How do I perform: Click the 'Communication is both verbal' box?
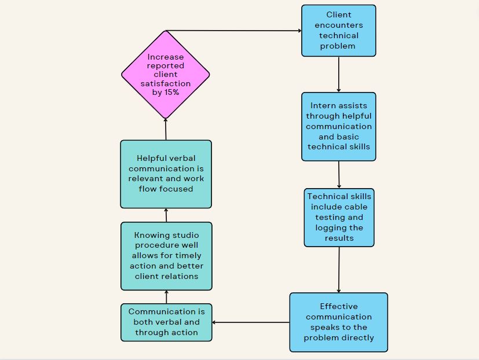tap(166, 322)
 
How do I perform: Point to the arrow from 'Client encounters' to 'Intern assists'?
tap(339, 74)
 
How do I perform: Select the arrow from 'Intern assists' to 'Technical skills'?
tap(339, 174)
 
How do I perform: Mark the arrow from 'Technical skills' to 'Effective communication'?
tap(339, 270)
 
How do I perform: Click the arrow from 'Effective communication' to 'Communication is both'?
tap(251, 322)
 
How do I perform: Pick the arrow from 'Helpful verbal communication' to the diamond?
tap(166, 129)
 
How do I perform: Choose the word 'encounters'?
tap(339, 25)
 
